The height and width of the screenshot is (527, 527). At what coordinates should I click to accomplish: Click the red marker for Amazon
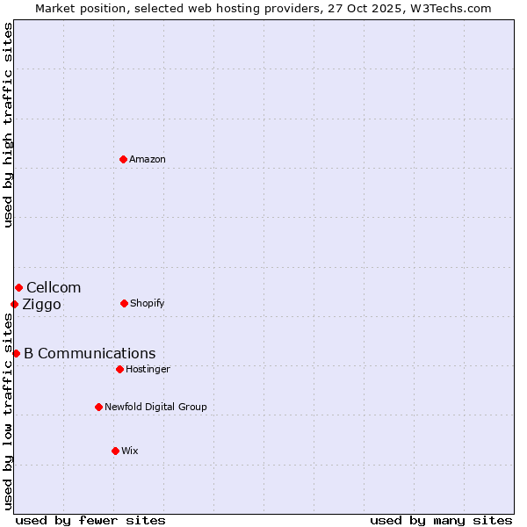tap(123, 159)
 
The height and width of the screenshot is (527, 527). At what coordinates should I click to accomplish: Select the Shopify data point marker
tap(124, 303)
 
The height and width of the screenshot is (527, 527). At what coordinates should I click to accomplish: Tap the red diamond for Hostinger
tap(119, 369)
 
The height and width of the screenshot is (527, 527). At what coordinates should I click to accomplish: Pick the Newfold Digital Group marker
tap(98, 407)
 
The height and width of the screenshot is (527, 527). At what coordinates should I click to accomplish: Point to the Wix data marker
tap(115, 451)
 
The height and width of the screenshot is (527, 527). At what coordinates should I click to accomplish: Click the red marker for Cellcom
tap(18, 287)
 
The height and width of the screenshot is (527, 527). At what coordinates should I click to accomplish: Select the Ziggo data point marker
tap(14, 304)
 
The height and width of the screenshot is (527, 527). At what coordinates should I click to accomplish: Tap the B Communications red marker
tap(16, 353)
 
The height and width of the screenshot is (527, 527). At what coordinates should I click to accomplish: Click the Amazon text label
tap(148, 160)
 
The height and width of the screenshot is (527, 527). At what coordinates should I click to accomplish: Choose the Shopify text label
tap(148, 304)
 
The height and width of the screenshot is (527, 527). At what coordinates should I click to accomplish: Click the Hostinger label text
tap(148, 370)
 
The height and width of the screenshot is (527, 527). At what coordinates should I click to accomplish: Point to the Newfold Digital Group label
tap(155, 408)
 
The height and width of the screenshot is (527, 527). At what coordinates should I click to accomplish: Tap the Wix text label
tap(130, 451)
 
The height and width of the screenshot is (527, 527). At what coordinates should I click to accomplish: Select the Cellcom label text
tap(54, 288)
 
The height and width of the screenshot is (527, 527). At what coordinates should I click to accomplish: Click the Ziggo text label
tap(41, 305)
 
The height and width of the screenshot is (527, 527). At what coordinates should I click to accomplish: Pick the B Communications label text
tap(90, 354)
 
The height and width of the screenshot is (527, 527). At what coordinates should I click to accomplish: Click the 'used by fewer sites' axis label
tap(90, 520)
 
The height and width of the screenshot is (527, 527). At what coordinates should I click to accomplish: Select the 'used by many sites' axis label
tap(441, 520)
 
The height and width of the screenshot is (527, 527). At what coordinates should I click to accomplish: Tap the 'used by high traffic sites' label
tap(9, 125)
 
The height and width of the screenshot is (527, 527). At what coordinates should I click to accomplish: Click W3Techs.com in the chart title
tap(446, 8)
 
